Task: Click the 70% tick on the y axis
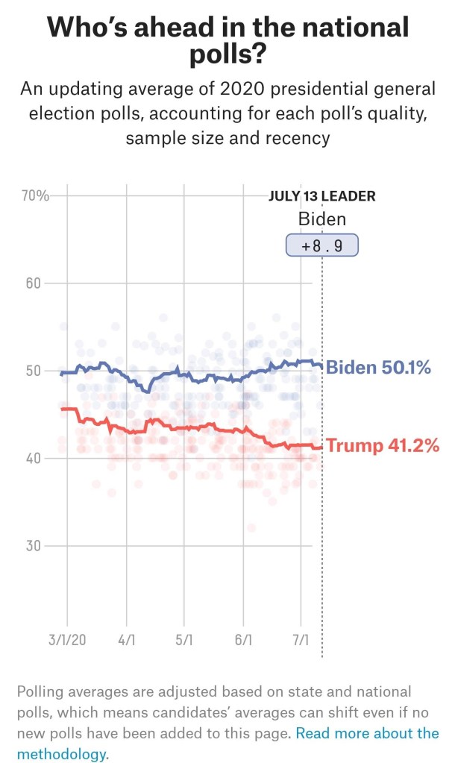coord(34,196)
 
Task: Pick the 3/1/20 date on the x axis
coord(66,641)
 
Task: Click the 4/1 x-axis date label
coord(126,641)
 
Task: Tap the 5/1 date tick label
coord(184,641)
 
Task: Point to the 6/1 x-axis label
coord(243,641)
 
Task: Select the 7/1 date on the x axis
coord(301,641)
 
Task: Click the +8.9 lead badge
coord(322,246)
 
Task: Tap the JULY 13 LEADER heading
coord(321,197)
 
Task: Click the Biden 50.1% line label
coord(378,368)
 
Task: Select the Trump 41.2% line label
coord(383,446)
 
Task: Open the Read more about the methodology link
coord(367,733)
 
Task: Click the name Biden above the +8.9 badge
coord(322,219)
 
